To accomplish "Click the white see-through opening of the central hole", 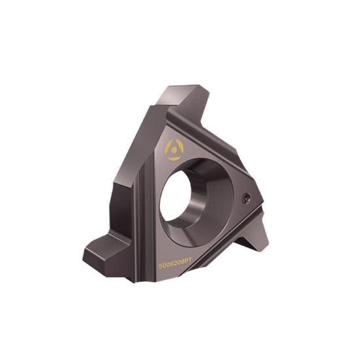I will tap(181, 196).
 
